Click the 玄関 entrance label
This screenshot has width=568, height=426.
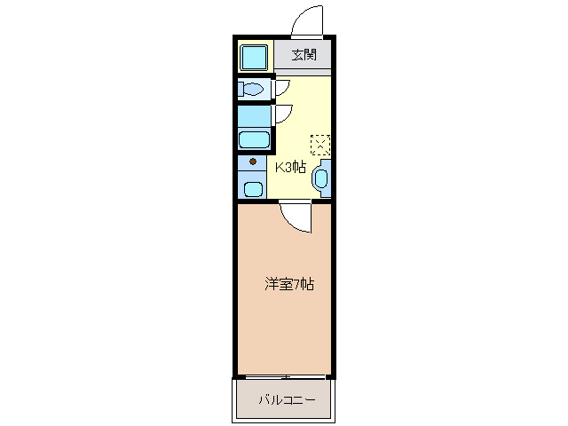tap(304, 55)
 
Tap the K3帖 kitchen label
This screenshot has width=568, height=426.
tap(290, 166)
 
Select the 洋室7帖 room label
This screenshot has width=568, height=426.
tap(289, 284)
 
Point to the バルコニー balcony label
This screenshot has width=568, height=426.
tap(287, 400)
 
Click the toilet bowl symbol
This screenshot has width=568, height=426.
tap(252, 90)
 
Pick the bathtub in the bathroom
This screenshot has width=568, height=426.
tap(255, 139)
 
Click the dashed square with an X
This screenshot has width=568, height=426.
tap(319, 144)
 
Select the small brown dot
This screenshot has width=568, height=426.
tap(253, 162)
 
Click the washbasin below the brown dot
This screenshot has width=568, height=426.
tap(253, 188)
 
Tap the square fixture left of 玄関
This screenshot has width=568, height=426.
tap(255, 57)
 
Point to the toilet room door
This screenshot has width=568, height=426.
tap(281, 87)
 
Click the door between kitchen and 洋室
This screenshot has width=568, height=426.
tap(296, 216)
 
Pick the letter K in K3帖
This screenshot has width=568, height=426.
tap(277, 166)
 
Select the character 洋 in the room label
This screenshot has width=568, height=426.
tap(271, 284)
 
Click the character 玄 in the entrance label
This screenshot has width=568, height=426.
tap(297, 55)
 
